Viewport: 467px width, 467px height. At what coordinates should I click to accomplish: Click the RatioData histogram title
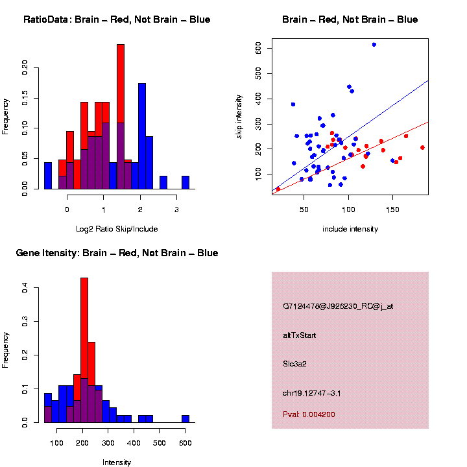(117, 19)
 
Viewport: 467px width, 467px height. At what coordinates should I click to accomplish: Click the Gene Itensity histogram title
(117, 253)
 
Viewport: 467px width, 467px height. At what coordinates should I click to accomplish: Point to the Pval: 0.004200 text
(309, 414)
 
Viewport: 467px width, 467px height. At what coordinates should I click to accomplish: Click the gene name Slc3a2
(294, 364)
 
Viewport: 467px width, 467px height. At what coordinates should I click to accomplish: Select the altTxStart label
(299, 335)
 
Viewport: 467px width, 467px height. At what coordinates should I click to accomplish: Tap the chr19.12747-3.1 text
(311, 393)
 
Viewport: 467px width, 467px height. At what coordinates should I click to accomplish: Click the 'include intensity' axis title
(350, 229)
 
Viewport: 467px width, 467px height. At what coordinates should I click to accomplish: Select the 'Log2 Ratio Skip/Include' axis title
(117, 229)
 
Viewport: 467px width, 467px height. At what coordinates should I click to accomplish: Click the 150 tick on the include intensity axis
(392, 210)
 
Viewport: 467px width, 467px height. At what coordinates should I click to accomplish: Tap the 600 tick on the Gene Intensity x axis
(186, 443)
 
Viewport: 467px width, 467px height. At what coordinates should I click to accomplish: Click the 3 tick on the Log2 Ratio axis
(176, 210)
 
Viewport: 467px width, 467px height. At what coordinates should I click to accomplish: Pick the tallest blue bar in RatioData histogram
(142, 136)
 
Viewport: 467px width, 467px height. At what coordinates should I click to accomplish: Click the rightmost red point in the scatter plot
(422, 147)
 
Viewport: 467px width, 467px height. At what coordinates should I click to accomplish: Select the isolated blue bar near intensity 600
(186, 418)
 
